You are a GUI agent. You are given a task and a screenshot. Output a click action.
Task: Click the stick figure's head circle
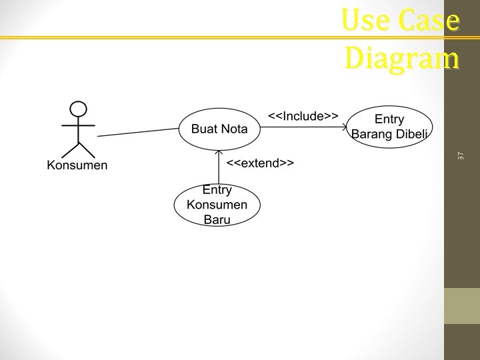pyautogui.click(x=79, y=109)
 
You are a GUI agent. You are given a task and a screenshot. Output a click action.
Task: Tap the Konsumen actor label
pyautogui.click(x=77, y=165)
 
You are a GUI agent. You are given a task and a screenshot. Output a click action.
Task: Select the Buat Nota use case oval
pyautogui.click(x=219, y=129)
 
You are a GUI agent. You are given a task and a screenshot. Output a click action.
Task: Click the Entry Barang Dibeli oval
pyautogui.click(x=389, y=127)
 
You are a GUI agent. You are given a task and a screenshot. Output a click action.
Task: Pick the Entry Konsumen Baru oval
pyautogui.click(x=217, y=205)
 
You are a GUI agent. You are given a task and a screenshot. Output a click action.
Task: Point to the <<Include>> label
pyautogui.click(x=303, y=116)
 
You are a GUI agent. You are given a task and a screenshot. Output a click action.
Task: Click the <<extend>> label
pyautogui.click(x=260, y=163)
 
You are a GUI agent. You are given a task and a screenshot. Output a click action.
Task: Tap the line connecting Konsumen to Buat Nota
pyautogui.click(x=139, y=132)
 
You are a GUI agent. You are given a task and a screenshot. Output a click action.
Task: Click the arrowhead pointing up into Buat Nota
pyautogui.click(x=218, y=153)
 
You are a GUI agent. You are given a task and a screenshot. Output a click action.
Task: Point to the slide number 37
pyautogui.click(x=461, y=155)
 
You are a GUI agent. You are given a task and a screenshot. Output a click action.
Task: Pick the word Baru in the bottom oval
pyautogui.click(x=217, y=219)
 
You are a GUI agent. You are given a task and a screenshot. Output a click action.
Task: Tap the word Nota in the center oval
pyautogui.click(x=234, y=129)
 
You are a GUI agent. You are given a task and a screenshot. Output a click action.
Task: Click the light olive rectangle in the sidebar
pyautogui.click(x=462, y=306)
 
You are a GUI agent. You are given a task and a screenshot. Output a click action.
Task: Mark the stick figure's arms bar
pyautogui.click(x=79, y=125)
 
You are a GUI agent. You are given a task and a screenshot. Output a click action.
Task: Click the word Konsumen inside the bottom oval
pyautogui.click(x=217, y=205)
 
